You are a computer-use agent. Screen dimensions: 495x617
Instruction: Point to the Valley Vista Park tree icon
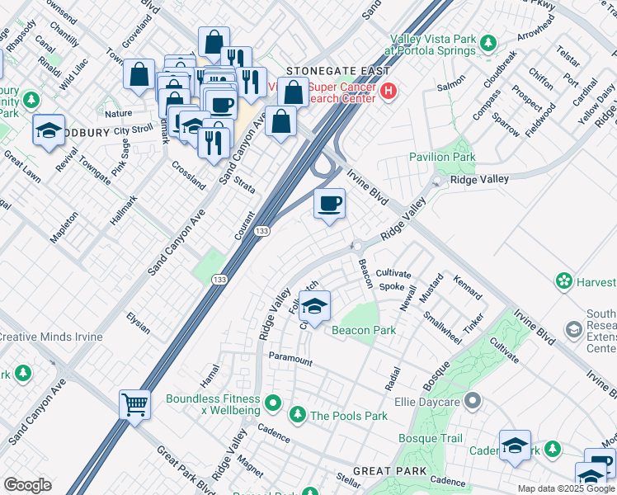[x=489, y=41]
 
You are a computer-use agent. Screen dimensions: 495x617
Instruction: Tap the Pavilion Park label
[x=442, y=157]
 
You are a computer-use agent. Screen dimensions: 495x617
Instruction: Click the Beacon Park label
[x=364, y=330]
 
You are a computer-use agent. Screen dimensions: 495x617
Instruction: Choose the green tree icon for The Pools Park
[x=297, y=415]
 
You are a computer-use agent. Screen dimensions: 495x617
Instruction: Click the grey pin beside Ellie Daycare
[x=472, y=402]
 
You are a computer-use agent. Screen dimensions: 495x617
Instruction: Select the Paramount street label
[x=290, y=360]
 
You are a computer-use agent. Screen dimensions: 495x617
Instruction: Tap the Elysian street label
[x=138, y=323]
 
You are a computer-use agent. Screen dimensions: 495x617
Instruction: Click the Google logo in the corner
[x=27, y=485]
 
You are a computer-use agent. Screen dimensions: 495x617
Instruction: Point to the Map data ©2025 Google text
[x=565, y=488]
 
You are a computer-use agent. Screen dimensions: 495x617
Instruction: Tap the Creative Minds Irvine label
[x=51, y=337]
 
